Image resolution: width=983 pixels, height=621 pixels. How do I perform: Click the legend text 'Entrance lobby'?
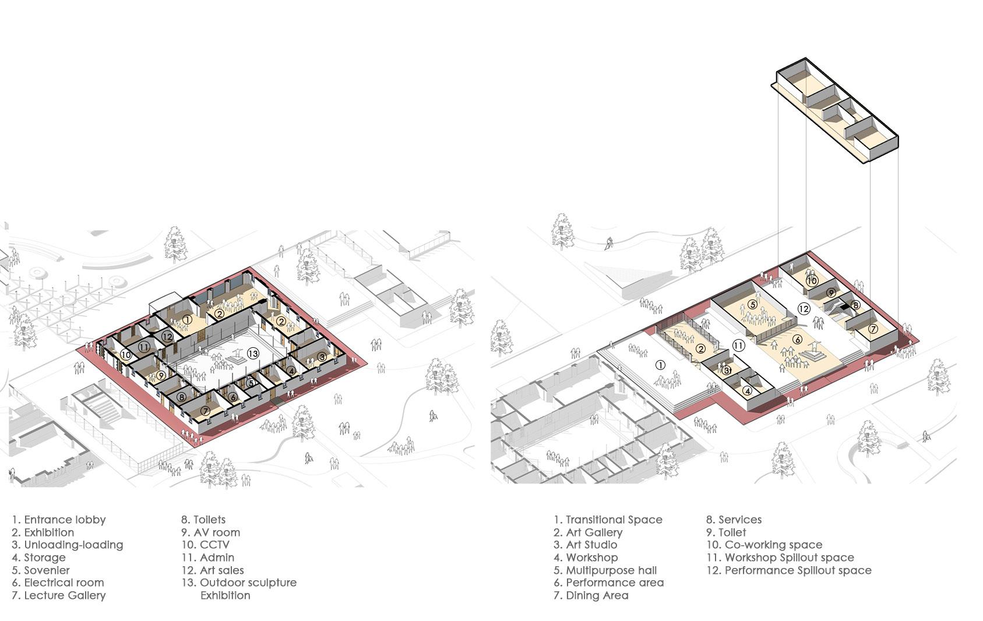tap(65, 520)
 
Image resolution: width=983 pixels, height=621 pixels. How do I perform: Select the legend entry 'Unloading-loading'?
tap(73, 545)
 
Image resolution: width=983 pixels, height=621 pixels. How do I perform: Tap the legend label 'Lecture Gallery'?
tap(65, 595)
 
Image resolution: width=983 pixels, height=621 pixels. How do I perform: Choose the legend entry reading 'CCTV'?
tap(214, 545)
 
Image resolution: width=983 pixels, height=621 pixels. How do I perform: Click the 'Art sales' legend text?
tap(221, 570)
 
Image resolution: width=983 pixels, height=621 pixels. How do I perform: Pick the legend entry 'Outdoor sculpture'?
tap(248, 583)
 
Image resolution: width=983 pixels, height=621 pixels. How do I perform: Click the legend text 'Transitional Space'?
tap(614, 520)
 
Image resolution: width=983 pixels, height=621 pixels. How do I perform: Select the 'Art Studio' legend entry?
tap(591, 545)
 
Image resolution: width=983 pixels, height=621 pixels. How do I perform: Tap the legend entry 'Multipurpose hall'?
tap(611, 570)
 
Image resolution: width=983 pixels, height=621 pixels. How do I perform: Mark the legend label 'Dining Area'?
tap(597, 595)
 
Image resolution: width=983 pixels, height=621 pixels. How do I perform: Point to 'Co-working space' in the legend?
tap(773, 545)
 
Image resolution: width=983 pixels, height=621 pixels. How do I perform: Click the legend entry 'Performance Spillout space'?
tap(798, 570)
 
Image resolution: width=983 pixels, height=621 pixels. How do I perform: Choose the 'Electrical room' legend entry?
tap(64, 583)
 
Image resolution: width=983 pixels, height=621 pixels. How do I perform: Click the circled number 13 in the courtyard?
tap(252, 353)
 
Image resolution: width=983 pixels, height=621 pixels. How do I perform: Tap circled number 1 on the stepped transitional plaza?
tap(660, 365)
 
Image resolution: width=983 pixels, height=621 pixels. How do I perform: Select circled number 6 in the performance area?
tap(797, 340)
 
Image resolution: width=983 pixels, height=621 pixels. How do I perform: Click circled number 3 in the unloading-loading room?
tap(321, 357)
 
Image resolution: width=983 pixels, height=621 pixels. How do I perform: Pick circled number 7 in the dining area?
tap(873, 329)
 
